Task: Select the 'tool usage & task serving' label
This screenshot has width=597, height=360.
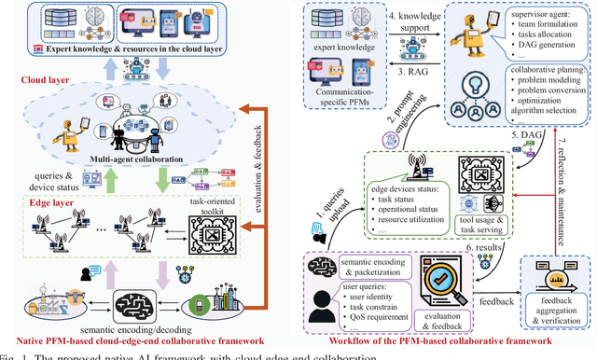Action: (481, 221)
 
